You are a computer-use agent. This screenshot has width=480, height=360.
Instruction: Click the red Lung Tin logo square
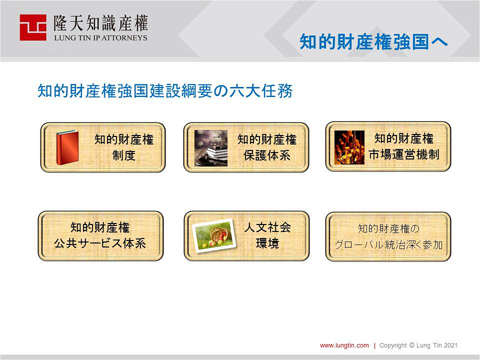click(x=33, y=27)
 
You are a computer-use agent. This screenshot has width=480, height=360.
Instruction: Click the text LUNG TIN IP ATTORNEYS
click(x=100, y=38)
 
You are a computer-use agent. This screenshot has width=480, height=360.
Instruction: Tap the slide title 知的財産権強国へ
click(x=373, y=42)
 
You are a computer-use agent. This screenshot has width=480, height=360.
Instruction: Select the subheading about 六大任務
click(x=165, y=90)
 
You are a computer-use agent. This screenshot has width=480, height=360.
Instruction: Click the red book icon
click(x=67, y=147)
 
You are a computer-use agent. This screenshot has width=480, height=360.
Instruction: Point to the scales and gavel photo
click(x=211, y=148)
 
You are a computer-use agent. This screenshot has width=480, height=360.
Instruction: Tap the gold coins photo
click(x=349, y=147)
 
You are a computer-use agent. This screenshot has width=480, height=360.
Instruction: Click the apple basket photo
click(x=214, y=235)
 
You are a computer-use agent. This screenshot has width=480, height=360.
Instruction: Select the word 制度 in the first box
click(x=123, y=155)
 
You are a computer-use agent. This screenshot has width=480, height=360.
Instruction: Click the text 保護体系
click(x=267, y=155)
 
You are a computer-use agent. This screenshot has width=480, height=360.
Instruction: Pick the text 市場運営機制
click(x=404, y=154)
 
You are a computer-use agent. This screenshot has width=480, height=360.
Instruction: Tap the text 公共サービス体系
click(x=100, y=243)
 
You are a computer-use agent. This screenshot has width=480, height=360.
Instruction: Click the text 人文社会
click(x=267, y=227)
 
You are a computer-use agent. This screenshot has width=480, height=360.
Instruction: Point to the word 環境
click(x=267, y=243)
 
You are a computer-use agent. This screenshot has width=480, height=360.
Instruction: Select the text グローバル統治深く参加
click(x=388, y=244)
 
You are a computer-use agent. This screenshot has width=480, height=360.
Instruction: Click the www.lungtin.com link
click(x=344, y=345)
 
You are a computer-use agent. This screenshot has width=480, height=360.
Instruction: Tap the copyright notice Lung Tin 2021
click(x=418, y=345)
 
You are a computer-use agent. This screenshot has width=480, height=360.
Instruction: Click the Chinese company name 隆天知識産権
click(x=100, y=23)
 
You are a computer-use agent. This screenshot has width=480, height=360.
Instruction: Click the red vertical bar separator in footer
click(x=374, y=345)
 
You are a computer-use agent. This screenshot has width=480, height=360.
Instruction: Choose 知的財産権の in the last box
click(x=388, y=228)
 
